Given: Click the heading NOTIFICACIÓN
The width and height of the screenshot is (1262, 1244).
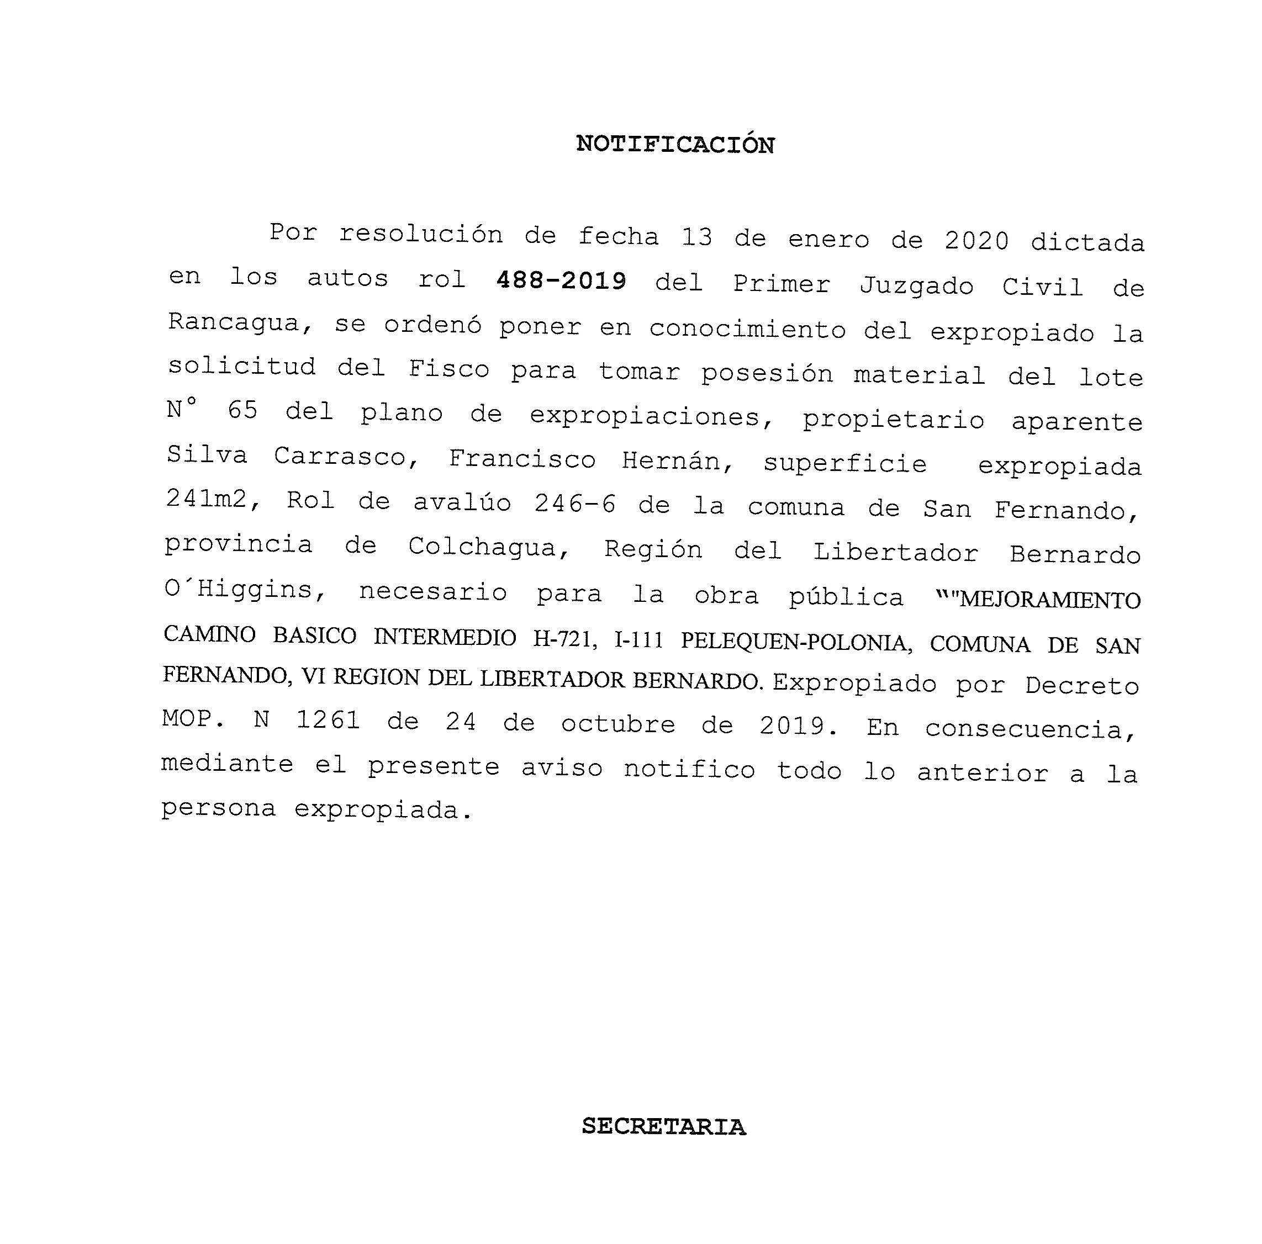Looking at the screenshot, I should point(675,144).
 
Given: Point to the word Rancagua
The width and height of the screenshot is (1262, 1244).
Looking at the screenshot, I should point(234,322).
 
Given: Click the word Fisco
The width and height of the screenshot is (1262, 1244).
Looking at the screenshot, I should point(449,369).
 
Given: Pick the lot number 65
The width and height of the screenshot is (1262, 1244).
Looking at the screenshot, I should point(242,410).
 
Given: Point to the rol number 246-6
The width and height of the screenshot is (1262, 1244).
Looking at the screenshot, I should point(575,504).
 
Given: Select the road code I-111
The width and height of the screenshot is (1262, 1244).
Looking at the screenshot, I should point(639,640).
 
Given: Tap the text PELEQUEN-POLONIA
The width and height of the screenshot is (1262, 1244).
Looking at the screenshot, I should point(796,643).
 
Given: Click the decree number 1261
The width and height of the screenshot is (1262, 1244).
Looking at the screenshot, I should point(328,720).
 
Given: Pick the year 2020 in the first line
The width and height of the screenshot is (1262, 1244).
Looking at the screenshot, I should point(976,241).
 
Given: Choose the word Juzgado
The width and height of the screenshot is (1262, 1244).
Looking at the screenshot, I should point(916,286).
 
